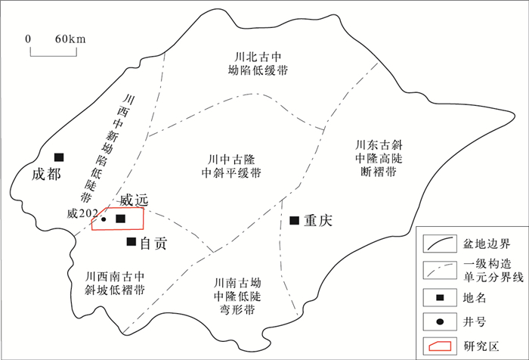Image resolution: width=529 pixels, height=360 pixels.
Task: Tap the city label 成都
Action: point(45,173)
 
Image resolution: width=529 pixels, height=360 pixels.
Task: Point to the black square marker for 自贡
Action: point(131,242)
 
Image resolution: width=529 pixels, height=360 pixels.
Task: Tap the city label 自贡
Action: point(153,243)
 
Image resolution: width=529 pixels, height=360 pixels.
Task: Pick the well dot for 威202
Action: point(104,219)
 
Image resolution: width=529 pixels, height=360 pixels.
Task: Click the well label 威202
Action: point(82,215)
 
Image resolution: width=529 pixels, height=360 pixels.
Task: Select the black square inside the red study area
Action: point(119,219)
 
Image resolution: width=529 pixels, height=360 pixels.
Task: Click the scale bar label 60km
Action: point(69,39)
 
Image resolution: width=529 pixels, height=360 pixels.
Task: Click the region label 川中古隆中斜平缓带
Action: point(234,166)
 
